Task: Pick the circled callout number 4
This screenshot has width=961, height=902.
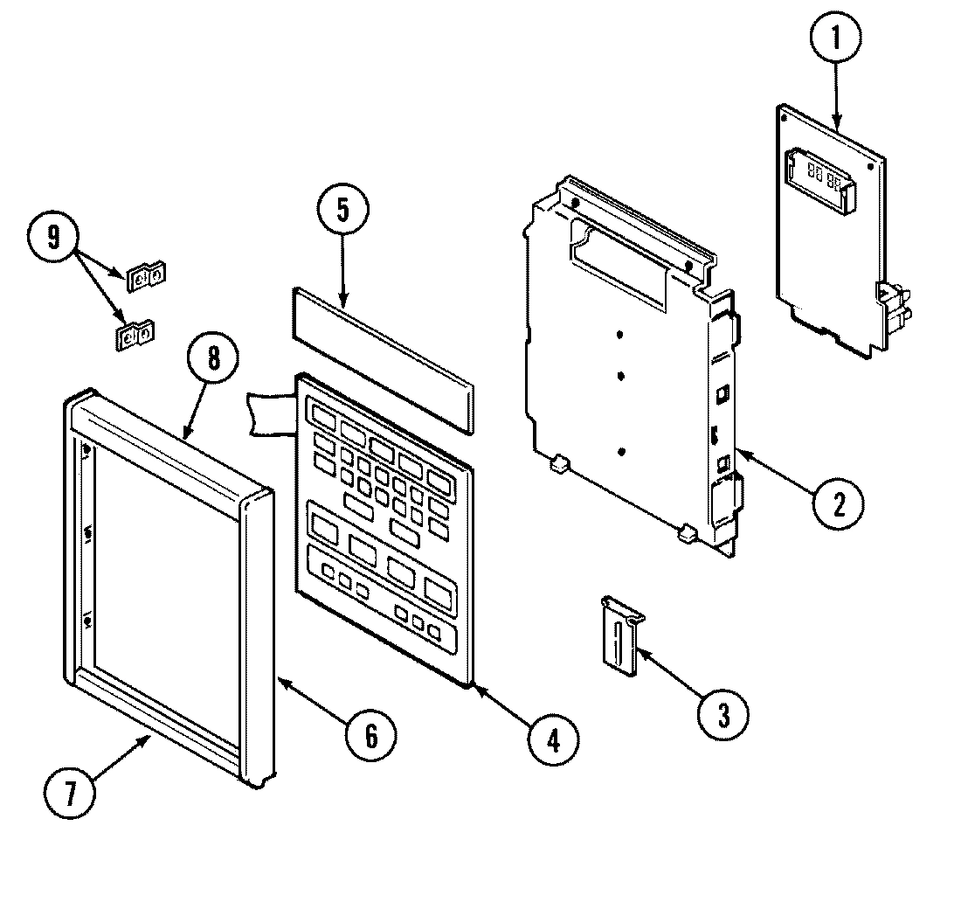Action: pos(552,739)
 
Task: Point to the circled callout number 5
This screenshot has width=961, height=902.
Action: pos(342,211)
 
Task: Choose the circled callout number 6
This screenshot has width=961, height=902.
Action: pos(369,735)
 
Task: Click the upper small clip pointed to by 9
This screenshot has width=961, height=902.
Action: pos(146,277)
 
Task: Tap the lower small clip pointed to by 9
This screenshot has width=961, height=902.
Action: pos(135,335)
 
